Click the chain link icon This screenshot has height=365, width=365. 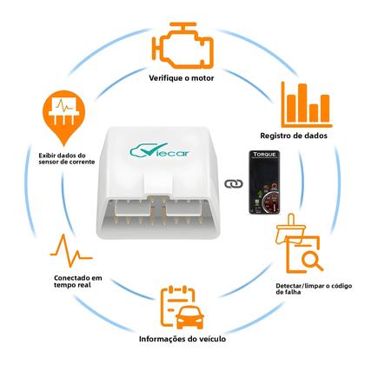231,183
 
